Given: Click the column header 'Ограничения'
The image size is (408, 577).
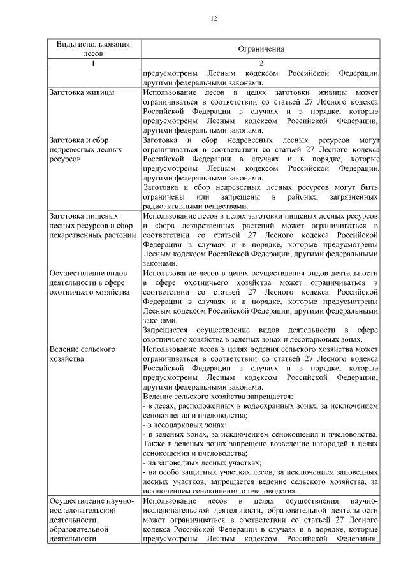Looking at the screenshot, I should [261, 48].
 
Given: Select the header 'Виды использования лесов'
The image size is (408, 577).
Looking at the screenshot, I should [93, 48].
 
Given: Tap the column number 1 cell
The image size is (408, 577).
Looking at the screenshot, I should [93, 62].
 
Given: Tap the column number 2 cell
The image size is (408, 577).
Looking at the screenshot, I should [261, 62].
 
